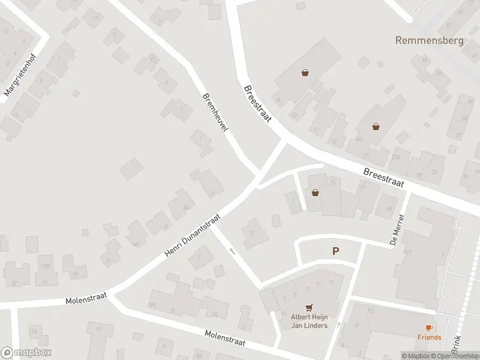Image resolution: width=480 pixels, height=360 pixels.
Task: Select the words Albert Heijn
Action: pos(309,317)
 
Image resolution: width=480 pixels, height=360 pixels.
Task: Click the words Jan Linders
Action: pos(309,325)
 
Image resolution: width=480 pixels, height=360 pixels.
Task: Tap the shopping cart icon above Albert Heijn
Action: pos(309,307)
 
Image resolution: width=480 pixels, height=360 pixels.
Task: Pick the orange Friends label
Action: pos(429,337)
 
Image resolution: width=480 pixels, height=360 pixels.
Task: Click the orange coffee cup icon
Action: pos(428,327)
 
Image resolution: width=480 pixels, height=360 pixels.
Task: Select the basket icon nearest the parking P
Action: pos(315,193)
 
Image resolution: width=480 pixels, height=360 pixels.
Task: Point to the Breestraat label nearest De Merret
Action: pos(384,176)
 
